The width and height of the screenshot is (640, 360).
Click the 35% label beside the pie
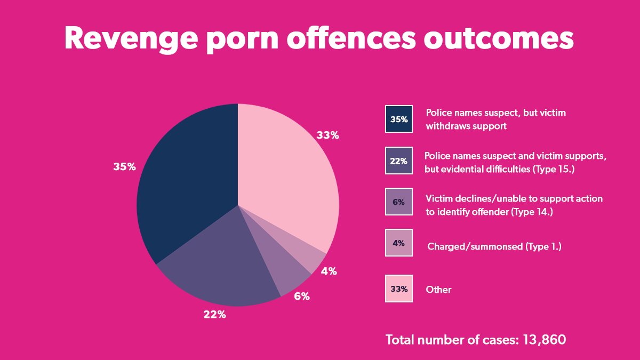124,166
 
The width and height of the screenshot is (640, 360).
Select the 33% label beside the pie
327,135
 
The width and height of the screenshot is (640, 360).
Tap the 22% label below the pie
214,315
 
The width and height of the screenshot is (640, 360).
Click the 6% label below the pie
301,296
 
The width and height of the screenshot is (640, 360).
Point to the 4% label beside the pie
329,271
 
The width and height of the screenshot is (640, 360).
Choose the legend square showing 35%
399,119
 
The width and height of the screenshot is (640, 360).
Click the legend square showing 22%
399,161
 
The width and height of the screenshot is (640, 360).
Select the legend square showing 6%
399,202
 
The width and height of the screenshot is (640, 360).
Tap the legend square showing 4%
399,243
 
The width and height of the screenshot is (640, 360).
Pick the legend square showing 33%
399,289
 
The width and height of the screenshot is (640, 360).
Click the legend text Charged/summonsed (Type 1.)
494,246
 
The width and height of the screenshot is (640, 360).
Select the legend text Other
438,290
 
